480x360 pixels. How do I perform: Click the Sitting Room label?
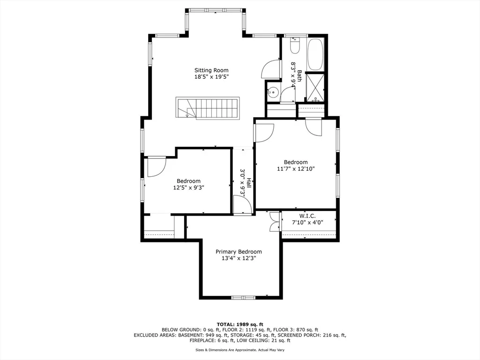click(x=211, y=70)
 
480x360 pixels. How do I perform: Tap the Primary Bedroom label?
click(x=239, y=252)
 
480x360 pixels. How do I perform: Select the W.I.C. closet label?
click(x=307, y=216)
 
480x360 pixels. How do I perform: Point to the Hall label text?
click(x=249, y=183)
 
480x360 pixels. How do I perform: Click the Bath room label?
click(x=299, y=76)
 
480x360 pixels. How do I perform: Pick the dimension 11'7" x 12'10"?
click(x=296, y=169)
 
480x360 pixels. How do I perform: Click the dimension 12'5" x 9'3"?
click(x=188, y=187)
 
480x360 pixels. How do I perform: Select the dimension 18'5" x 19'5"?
click(x=211, y=77)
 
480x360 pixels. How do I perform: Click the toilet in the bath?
click(x=295, y=45)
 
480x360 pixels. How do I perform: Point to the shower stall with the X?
click(x=315, y=88)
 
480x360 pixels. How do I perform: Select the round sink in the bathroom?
click(x=272, y=91)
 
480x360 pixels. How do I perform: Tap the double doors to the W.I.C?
click(x=275, y=222)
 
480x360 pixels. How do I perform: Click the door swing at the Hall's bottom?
click(x=242, y=204)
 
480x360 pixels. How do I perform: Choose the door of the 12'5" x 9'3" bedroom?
click(x=157, y=167)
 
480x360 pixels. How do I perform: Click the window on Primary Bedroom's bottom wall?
click(x=243, y=297)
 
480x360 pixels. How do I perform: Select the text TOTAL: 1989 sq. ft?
click(x=240, y=324)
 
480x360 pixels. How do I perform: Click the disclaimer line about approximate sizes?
click(x=240, y=350)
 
